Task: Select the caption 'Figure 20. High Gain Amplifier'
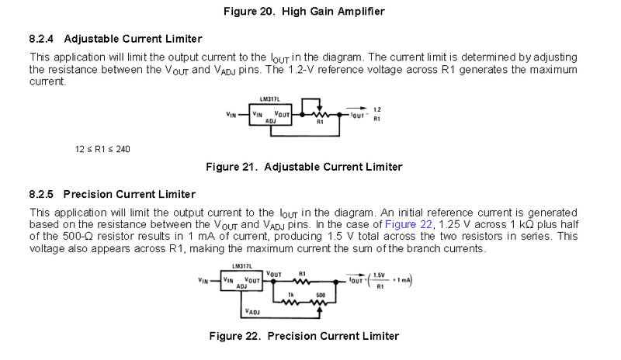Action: click(310, 11)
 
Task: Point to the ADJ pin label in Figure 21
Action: click(269, 122)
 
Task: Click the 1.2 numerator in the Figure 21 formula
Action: click(376, 109)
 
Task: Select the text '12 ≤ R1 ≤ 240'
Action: click(102, 148)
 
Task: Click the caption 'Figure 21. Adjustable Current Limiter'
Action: click(304, 167)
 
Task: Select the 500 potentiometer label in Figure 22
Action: click(320, 295)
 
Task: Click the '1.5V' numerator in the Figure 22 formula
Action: click(380, 276)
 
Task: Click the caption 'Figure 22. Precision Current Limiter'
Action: click(304, 336)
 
